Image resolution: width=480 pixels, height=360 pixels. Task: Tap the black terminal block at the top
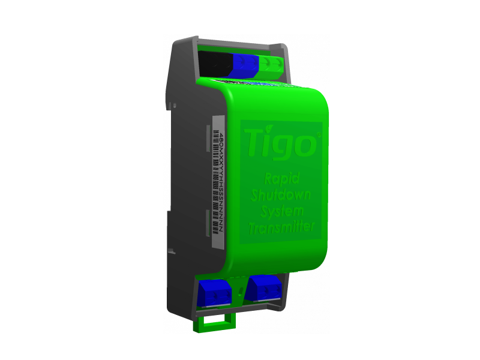pyautogui.click(x=214, y=64)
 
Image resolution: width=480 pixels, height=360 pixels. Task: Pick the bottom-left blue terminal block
pyautogui.click(x=213, y=293)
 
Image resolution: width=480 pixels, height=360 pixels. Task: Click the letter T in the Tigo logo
pyautogui.click(x=255, y=144)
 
